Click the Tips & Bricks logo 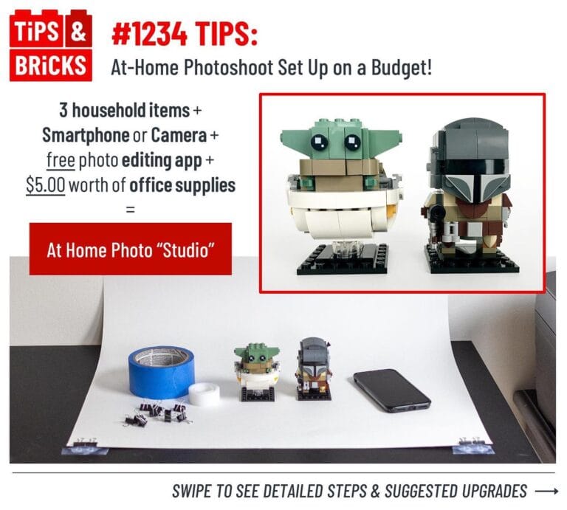point(50,45)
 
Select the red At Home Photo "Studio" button point(131,249)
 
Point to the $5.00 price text point(45,185)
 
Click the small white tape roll point(204,394)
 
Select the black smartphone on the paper point(391,389)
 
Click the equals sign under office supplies point(131,209)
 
